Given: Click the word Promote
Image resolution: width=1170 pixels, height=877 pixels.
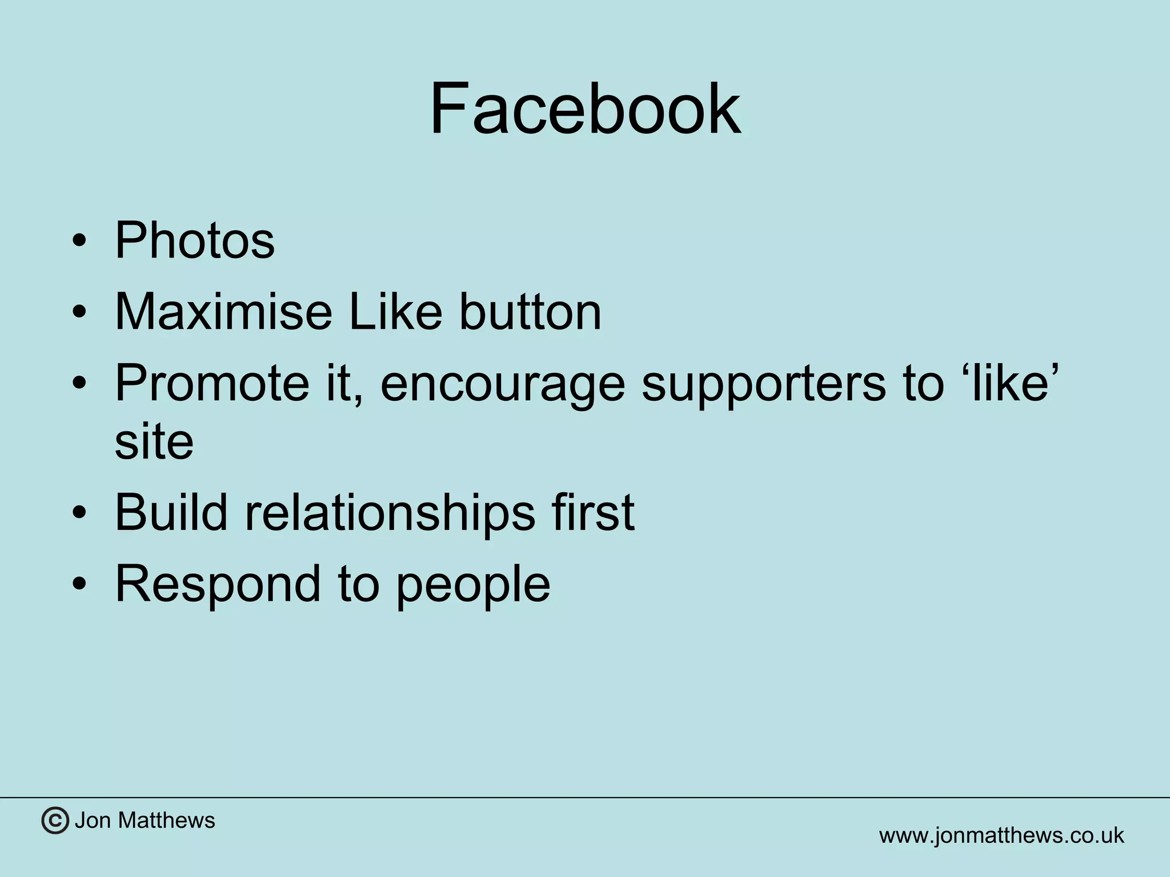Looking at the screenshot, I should [213, 383].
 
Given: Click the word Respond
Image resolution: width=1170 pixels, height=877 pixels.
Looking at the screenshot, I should [218, 585].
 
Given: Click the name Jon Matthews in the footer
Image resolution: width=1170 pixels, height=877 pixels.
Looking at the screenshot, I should [145, 820].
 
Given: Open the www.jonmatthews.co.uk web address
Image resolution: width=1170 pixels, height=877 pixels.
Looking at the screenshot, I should [1001, 835].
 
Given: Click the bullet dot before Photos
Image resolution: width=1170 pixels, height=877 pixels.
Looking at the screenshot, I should [79, 242].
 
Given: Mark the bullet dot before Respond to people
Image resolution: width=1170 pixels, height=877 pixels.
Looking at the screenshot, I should [79, 585].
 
